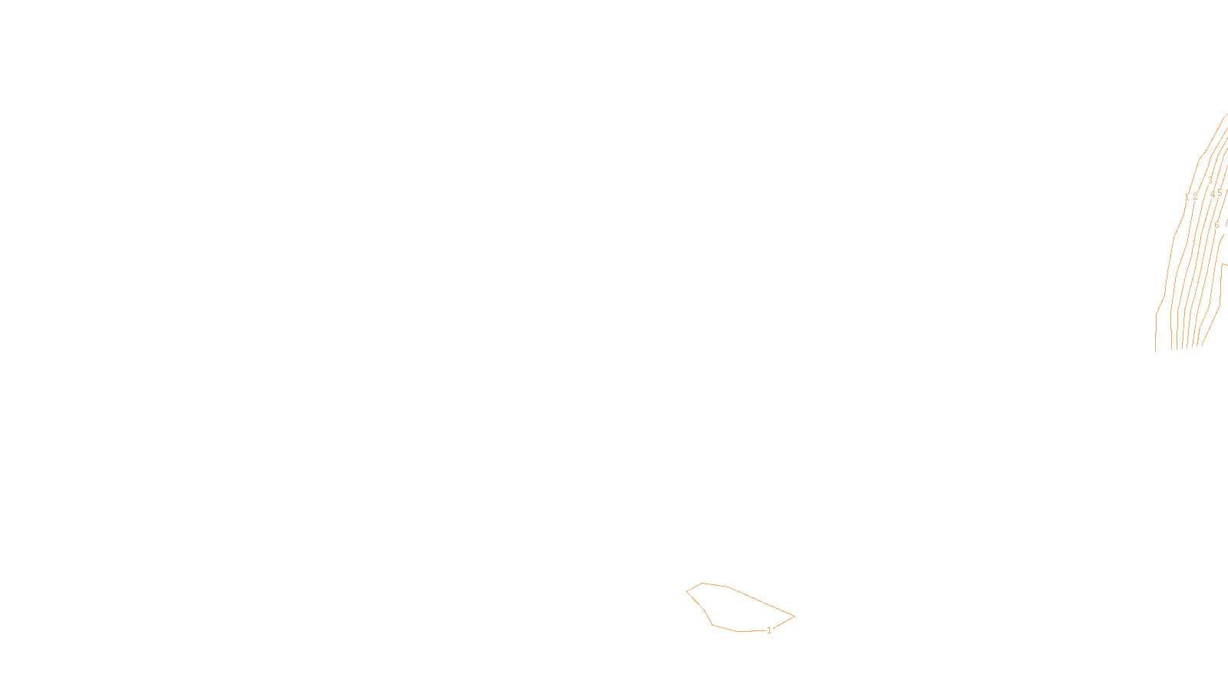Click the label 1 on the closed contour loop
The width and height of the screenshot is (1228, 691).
[769, 630]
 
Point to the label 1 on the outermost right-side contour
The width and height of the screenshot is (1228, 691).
[1187, 197]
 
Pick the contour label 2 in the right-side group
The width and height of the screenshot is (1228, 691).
[1195, 197]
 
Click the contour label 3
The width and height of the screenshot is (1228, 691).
[1210, 181]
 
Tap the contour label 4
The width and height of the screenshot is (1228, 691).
[1213, 194]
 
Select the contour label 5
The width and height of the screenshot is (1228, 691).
[1220, 193]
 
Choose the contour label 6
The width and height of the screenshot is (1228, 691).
[1216, 225]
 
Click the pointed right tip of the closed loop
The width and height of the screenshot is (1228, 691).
[794, 616]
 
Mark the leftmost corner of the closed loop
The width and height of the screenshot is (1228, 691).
[687, 591]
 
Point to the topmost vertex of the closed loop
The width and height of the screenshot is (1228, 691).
[702, 584]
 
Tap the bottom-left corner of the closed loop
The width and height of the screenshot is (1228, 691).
[713, 625]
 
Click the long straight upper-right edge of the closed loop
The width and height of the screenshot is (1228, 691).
[761, 601]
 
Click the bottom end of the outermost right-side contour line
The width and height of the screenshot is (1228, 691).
[1156, 350]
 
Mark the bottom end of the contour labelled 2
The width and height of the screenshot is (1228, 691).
[1172, 349]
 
